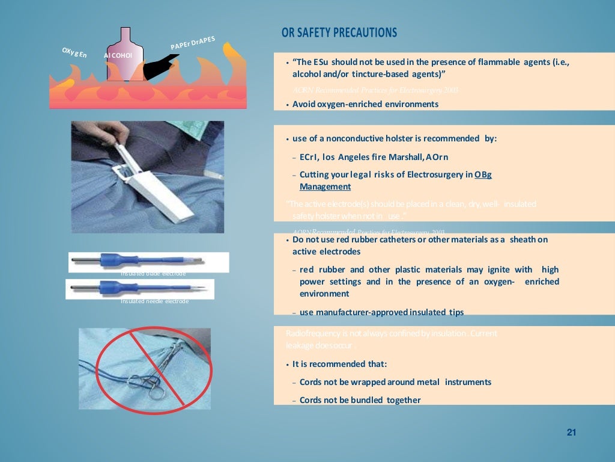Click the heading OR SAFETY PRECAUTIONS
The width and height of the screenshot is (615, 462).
point(339,32)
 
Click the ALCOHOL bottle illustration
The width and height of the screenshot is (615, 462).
point(126,56)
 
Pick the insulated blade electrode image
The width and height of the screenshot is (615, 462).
point(148,262)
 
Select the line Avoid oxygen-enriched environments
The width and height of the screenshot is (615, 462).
point(365,104)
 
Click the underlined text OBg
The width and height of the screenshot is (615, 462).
point(483,174)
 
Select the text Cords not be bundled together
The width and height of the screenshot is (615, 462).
point(360,400)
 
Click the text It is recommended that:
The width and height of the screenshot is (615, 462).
point(339,364)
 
